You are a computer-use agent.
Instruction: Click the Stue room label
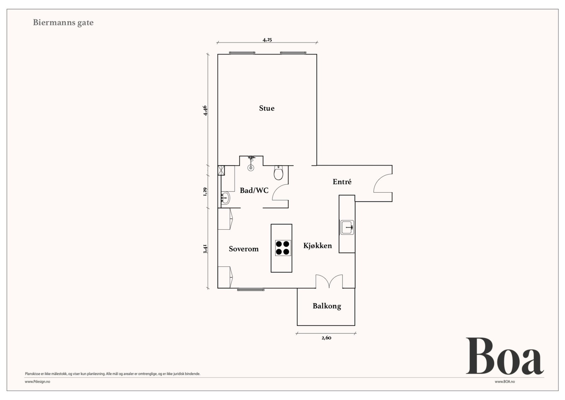coord(267,108)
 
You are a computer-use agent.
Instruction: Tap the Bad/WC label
coord(254,190)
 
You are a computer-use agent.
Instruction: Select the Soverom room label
coord(243,249)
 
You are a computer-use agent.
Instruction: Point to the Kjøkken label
coord(317,246)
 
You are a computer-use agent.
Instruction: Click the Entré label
coord(342,182)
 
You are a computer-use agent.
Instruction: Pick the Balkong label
coord(327,306)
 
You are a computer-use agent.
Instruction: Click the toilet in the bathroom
coord(279,173)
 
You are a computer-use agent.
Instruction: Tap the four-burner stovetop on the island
coord(283,248)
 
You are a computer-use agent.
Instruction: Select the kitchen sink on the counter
coord(347,227)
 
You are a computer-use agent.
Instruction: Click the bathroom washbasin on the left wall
coord(225,199)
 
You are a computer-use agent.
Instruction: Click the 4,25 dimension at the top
coord(267,40)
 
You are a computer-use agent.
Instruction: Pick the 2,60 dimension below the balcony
coord(326,338)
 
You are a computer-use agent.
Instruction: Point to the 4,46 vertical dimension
coord(205,110)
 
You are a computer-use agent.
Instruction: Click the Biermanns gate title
coord(63,23)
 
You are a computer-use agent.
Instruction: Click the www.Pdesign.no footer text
coord(37,382)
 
